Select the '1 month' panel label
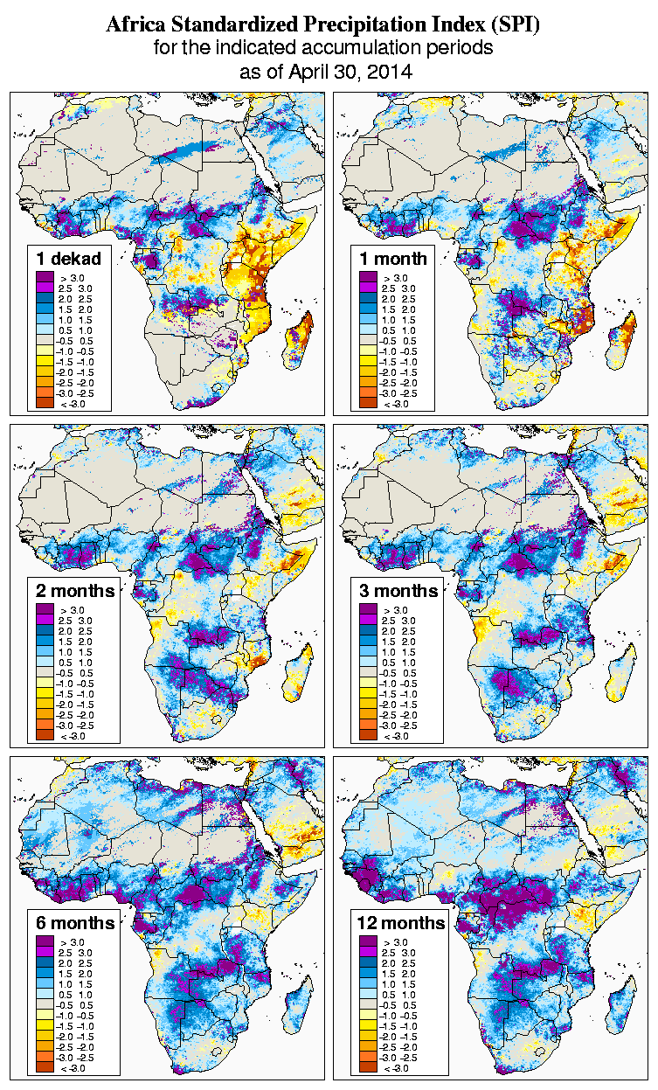(x=392, y=259)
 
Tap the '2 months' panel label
(x=73, y=591)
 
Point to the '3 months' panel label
(x=398, y=591)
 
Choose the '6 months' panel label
(x=73, y=923)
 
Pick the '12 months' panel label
(x=401, y=923)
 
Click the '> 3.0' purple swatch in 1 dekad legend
(x=44, y=278)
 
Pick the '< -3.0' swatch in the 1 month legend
(x=368, y=404)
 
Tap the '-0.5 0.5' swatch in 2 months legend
(x=44, y=673)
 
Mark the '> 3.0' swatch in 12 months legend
(x=368, y=942)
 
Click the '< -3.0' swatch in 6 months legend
(x=44, y=1068)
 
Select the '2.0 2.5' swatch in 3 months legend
(x=368, y=631)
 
